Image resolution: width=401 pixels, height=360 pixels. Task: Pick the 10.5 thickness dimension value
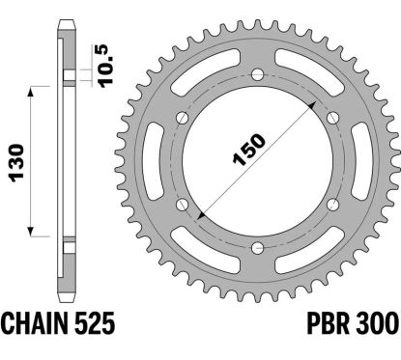click(x=100, y=65)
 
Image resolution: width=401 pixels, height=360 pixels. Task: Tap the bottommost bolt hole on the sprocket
click(x=256, y=248)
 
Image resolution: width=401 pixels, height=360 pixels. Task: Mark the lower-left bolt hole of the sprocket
click(x=181, y=205)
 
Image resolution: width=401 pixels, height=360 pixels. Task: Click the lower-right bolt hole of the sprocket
click(x=331, y=205)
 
